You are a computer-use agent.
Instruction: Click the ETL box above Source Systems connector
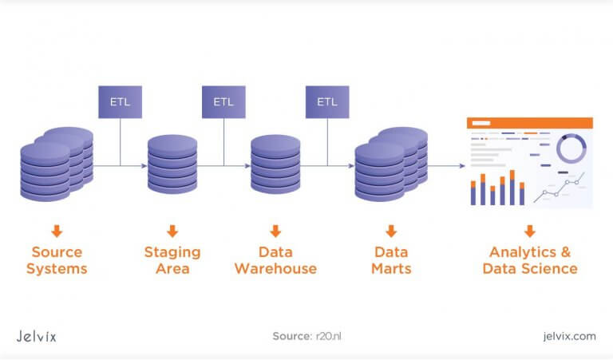120,102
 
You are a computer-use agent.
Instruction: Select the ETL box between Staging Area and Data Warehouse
223,102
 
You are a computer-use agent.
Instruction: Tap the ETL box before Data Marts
327,102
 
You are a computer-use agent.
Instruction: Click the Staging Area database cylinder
172,168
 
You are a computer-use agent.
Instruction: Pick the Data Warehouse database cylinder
275,168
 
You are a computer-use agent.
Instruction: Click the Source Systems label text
57,260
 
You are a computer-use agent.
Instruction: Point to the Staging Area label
172,260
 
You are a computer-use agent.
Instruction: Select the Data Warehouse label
275,260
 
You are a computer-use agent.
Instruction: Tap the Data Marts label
391,260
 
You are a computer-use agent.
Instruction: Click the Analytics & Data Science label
529,260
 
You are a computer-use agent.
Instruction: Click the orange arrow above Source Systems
57,231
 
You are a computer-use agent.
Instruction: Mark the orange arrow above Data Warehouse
275,231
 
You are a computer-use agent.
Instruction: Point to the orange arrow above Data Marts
391,231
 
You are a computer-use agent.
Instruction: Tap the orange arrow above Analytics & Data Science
529,231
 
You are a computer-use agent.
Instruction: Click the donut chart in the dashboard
571,148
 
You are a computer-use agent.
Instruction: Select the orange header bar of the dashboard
529,123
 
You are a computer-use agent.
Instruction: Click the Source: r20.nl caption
306,336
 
